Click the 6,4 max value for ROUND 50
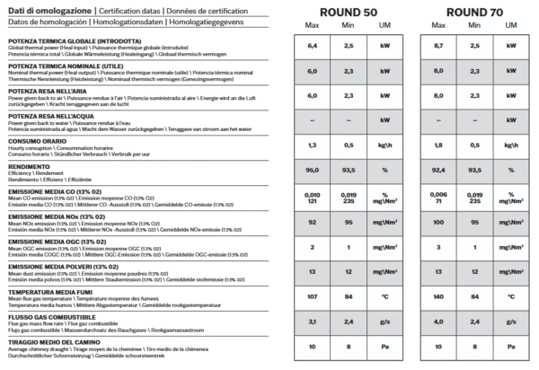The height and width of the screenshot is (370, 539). tap(313, 44)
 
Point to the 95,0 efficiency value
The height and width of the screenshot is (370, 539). tap(313, 169)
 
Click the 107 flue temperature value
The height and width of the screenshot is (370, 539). tap(313, 295)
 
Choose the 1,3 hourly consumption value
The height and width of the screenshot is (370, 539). tap(313, 145)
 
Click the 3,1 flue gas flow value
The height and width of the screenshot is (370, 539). tap(313, 321)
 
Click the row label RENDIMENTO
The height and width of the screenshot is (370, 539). tap(30, 166)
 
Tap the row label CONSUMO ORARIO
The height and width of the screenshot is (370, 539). tap(37, 141)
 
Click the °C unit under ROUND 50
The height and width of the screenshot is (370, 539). tap(384, 295)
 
